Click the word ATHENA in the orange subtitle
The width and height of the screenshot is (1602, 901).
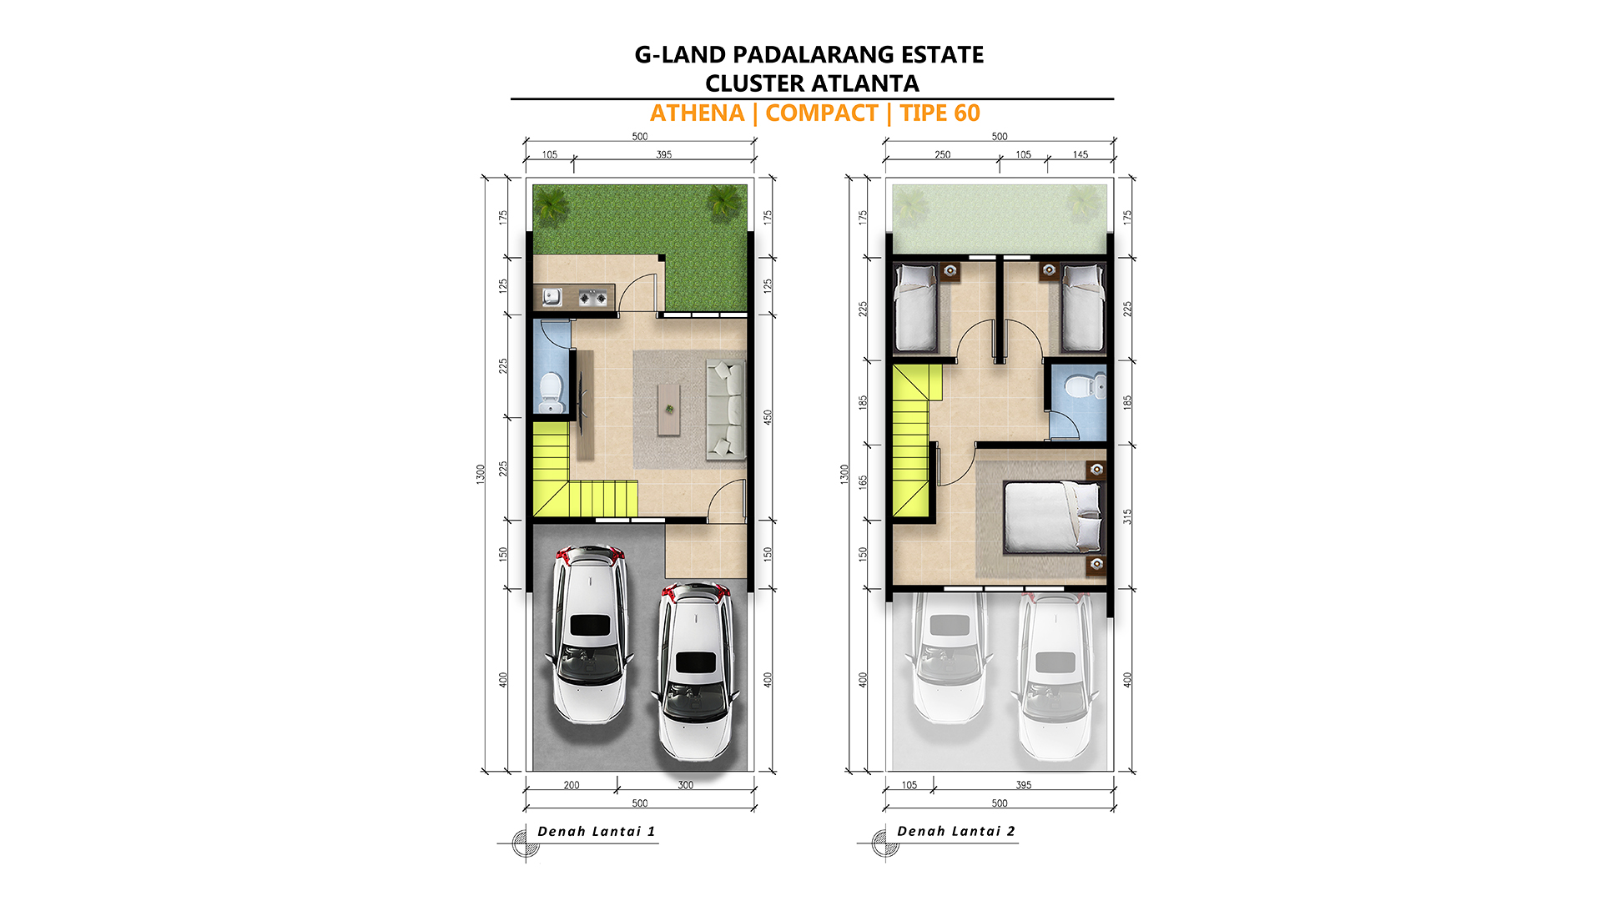coord(697,113)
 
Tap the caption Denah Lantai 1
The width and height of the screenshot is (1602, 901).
coord(597,831)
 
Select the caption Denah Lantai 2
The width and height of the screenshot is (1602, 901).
coord(956,831)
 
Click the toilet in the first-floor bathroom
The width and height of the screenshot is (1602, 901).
coord(550,391)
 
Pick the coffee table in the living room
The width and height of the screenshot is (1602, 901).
coord(668,409)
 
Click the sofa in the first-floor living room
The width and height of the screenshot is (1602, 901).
coord(726,410)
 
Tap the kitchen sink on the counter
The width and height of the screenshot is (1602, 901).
coord(552,296)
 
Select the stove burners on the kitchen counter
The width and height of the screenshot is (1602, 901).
coord(593,297)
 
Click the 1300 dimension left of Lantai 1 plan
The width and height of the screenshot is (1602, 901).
coord(481,474)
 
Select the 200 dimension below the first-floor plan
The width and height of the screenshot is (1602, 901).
coord(572,785)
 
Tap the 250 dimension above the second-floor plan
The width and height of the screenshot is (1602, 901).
coord(942,154)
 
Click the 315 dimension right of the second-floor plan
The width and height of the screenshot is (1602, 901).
coord(1128,516)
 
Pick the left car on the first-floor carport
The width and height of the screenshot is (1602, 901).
coord(589,634)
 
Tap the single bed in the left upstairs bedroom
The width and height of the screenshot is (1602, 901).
coord(915,308)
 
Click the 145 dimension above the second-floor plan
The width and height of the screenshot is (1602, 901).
coord(1081,154)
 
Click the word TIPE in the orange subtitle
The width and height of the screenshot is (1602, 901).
coord(924,113)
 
